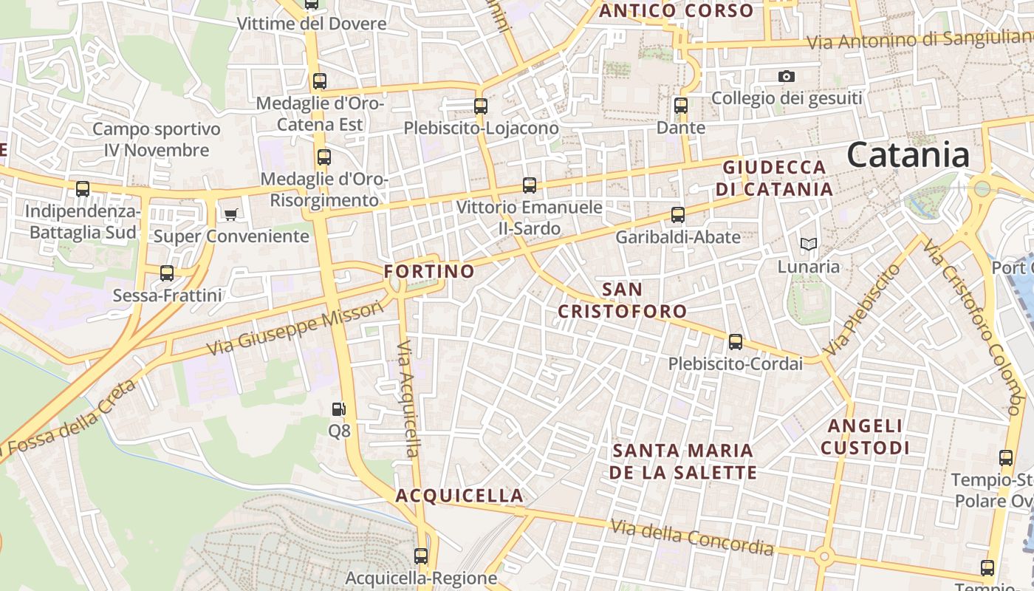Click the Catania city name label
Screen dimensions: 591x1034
pos(908,155)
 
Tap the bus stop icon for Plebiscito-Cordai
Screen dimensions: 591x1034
pos(735,342)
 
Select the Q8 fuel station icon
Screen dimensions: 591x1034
pos(338,409)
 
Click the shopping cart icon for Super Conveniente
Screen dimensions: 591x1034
pos(231,215)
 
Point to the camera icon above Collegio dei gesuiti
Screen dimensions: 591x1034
pos(787,76)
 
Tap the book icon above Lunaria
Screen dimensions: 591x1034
pos(809,244)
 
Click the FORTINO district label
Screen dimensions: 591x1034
pos(429,271)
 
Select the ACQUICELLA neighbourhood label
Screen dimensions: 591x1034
pos(459,495)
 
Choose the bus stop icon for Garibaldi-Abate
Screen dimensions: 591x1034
pos(677,215)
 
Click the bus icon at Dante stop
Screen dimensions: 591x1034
pos(681,106)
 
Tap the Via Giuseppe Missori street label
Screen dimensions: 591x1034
pos(295,327)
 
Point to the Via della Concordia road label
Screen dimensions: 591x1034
pos(692,538)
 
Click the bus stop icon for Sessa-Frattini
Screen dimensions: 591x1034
pos(167,273)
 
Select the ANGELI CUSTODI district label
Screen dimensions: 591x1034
pos(865,437)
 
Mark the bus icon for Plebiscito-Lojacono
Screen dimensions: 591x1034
pos(481,106)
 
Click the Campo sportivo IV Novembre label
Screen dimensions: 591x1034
pos(157,140)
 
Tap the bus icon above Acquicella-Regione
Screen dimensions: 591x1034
pos(421,556)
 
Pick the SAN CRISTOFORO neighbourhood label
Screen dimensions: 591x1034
pos(622,300)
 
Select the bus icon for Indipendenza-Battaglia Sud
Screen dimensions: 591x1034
pos(83,189)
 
